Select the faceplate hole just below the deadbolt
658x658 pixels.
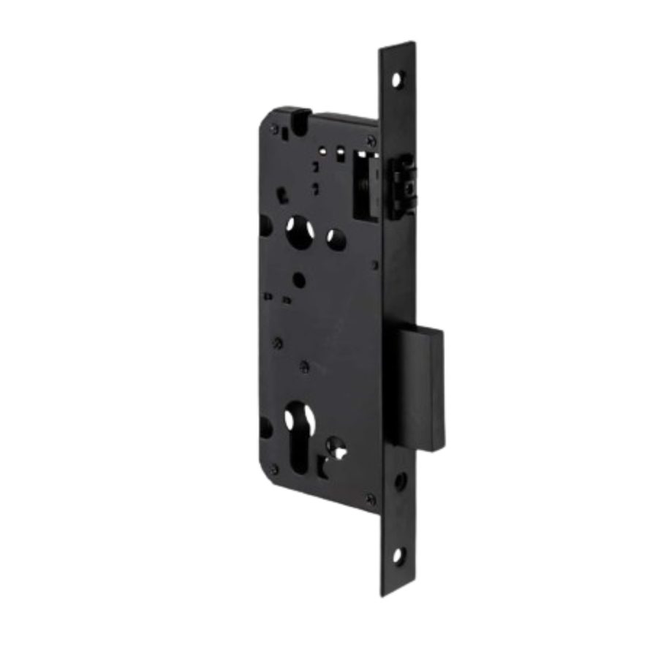tap(401, 482)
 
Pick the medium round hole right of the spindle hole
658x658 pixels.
tap(336, 237)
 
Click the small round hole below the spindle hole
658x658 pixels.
tap(298, 280)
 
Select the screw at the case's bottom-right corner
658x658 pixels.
tap(371, 499)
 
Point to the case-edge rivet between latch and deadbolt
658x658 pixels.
tap(377, 265)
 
